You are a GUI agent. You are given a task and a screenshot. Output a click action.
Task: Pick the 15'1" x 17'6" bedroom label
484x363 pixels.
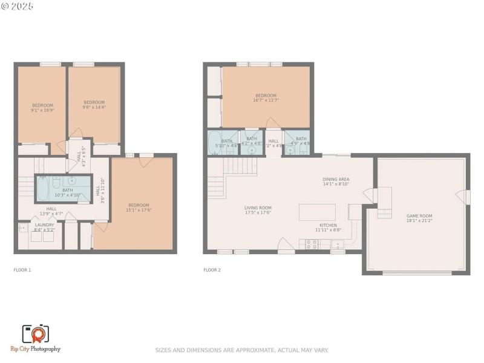[138, 208]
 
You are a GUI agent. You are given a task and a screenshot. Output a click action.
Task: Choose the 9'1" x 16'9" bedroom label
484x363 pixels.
[42, 108]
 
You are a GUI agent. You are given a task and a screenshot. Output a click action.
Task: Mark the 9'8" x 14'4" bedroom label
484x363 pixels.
[94, 105]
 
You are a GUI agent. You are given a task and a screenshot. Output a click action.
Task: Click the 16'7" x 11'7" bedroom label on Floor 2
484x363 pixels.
[266, 97]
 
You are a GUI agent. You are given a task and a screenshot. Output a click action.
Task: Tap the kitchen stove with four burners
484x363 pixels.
[312, 244]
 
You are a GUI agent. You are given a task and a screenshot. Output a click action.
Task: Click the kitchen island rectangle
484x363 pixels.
[317, 212]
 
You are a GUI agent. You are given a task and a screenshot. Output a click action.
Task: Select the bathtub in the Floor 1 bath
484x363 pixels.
[44, 188]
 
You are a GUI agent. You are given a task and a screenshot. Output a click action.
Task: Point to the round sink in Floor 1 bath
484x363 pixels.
[71, 181]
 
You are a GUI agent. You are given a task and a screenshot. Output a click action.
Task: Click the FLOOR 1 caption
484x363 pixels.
[22, 270]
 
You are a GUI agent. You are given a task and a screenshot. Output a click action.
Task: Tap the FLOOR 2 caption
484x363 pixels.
[212, 270]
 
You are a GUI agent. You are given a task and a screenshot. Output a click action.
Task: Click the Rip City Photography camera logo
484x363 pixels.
[35, 334]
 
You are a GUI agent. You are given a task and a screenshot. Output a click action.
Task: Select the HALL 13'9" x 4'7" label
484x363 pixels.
[51, 211]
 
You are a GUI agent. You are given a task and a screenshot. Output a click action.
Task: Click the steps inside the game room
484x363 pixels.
[384, 213]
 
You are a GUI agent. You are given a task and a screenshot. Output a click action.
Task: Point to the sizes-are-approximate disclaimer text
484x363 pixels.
[242, 350]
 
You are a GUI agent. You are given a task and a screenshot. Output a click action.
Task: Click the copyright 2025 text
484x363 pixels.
[18, 6]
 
